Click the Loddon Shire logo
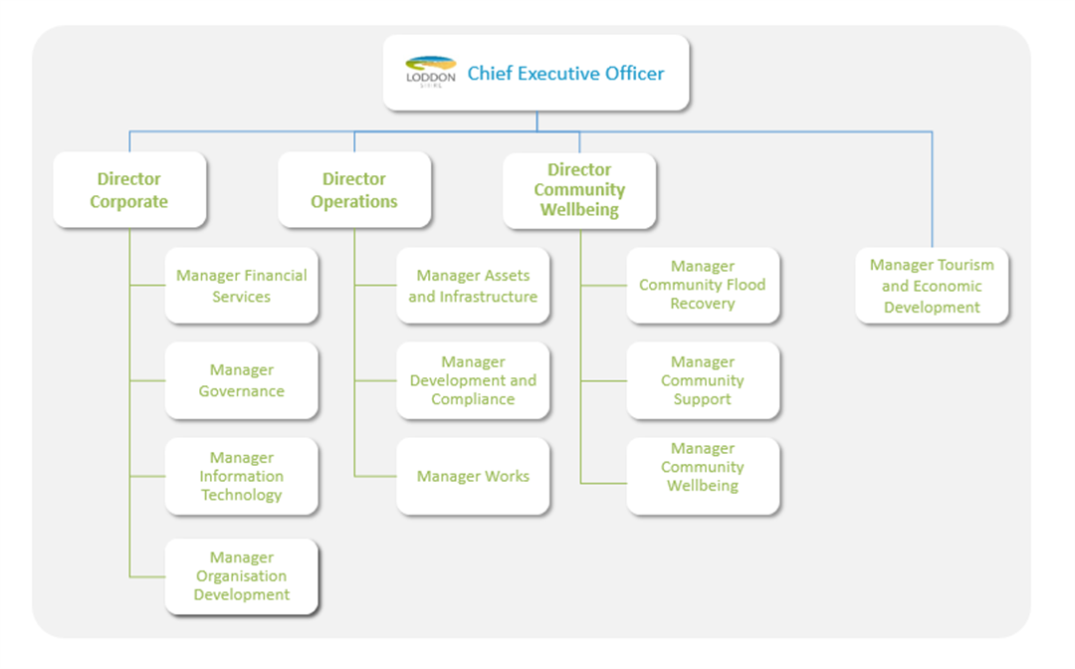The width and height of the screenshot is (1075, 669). click(431, 73)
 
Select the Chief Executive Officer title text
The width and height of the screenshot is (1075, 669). click(565, 73)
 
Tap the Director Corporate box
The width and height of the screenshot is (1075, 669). click(129, 190)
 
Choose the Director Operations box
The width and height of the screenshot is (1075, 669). click(354, 190)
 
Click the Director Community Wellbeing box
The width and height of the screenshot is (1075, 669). click(579, 190)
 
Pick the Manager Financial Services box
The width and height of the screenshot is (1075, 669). click(242, 286)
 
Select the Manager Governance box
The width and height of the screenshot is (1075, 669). click(242, 380)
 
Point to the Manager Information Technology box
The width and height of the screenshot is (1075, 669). click(242, 476)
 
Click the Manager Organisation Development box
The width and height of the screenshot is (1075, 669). click(242, 576)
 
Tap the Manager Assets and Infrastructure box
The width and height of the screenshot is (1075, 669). click(473, 286)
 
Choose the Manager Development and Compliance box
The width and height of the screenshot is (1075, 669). click(473, 380)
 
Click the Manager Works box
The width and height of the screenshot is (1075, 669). click(473, 476)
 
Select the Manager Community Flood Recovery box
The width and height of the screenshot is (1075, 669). click(703, 285)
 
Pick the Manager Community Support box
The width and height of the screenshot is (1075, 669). click(703, 380)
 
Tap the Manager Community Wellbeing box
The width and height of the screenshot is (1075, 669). click(703, 467)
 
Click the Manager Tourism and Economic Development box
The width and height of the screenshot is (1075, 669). click(932, 286)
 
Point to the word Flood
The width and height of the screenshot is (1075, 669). click(745, 285)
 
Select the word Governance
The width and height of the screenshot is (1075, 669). click(242, 391)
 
